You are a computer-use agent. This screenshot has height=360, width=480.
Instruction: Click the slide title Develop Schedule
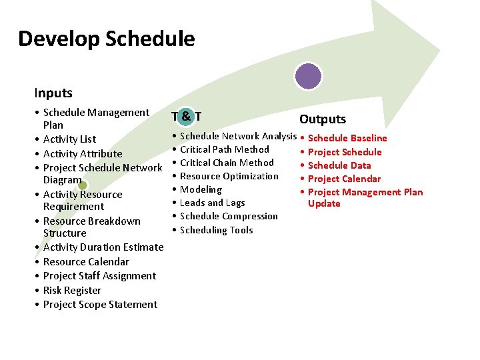(107, 39)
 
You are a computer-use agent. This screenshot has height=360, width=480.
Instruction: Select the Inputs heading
(53, 93)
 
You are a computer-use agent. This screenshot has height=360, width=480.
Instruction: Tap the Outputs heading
(323, 119)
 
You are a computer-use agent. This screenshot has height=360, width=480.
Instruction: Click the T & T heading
(187, 116)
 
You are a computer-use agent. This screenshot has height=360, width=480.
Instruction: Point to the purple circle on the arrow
(308, 75)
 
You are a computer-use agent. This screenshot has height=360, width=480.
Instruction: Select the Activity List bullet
(69, 139)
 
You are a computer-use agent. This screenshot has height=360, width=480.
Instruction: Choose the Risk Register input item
(72, 291)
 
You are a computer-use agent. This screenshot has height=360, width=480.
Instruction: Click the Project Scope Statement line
(100, 305)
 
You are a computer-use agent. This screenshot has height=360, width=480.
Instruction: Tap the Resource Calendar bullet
(86, 262)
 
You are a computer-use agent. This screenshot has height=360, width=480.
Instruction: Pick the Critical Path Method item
(224, 149)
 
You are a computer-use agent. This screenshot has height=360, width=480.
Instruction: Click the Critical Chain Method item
(227, 163)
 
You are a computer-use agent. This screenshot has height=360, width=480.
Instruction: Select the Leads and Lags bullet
(212, 203)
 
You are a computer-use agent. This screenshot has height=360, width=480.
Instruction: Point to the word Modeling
(201, 190)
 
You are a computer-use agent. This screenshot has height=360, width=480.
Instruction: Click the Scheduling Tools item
(216, 230)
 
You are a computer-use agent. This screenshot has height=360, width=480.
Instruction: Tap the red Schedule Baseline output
(347, 139)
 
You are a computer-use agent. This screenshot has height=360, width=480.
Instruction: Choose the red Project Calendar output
(344, 179)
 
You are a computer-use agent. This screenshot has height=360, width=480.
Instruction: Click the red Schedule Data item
(339, 165)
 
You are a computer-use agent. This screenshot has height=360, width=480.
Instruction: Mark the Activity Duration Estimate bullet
(103, 247)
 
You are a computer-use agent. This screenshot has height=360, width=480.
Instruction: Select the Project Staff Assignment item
(99, 276)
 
